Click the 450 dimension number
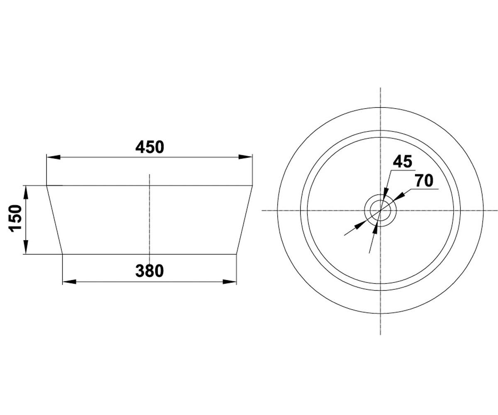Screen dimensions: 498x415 click(149, 147)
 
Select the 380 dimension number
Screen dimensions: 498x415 click(149, 271)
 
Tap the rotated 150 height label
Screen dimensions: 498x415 click(15, 218)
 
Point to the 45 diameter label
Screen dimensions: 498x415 click(403, 161)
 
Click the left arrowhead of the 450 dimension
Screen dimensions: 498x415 click(54, 157)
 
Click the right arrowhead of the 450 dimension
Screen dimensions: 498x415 click(245, 157)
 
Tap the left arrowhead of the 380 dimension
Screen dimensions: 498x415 click(69, 282)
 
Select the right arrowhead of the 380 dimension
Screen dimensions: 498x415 click(229, 282)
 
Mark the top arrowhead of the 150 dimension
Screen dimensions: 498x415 click(26, 192)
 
